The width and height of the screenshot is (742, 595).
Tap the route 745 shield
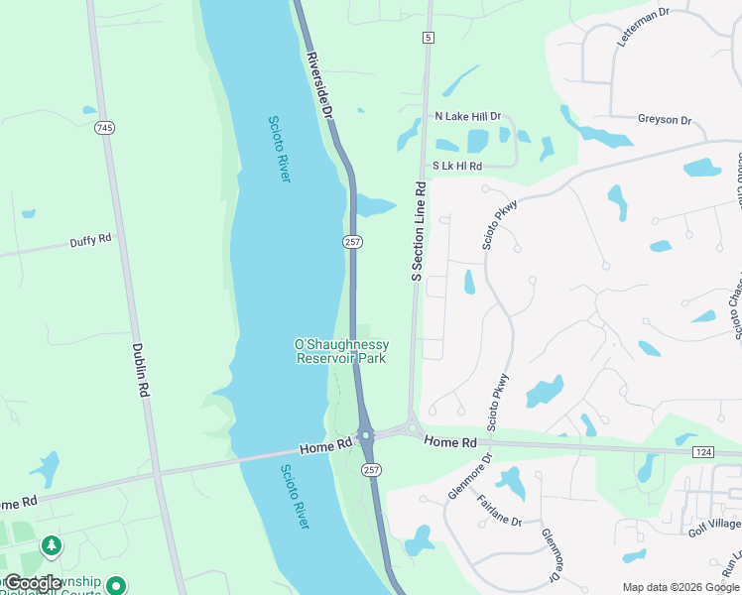click(104, 128)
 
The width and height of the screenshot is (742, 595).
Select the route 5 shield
click(428, 38)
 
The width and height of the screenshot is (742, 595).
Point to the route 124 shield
click(703, 451)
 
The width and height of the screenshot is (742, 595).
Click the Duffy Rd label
click(90, 241)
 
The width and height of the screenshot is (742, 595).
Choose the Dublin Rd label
click(140, 370)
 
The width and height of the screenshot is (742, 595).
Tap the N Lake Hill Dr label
click(468, 116)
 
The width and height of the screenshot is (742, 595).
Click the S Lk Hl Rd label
click(457, 167)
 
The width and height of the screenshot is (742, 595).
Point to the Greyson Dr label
click(665, 120)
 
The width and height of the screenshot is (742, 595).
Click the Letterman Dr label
click(645, 25)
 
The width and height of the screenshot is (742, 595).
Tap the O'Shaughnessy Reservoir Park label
click(341, 351)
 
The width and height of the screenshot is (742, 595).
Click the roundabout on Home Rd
click(366, 435)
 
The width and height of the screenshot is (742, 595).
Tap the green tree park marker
click(51, 545)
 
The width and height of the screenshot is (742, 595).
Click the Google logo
click(33, 583)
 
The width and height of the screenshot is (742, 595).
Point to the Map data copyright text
click(680, 586)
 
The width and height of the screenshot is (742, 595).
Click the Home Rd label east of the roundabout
click(450, 441)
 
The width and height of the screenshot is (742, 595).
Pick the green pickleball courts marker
click(116, 586)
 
